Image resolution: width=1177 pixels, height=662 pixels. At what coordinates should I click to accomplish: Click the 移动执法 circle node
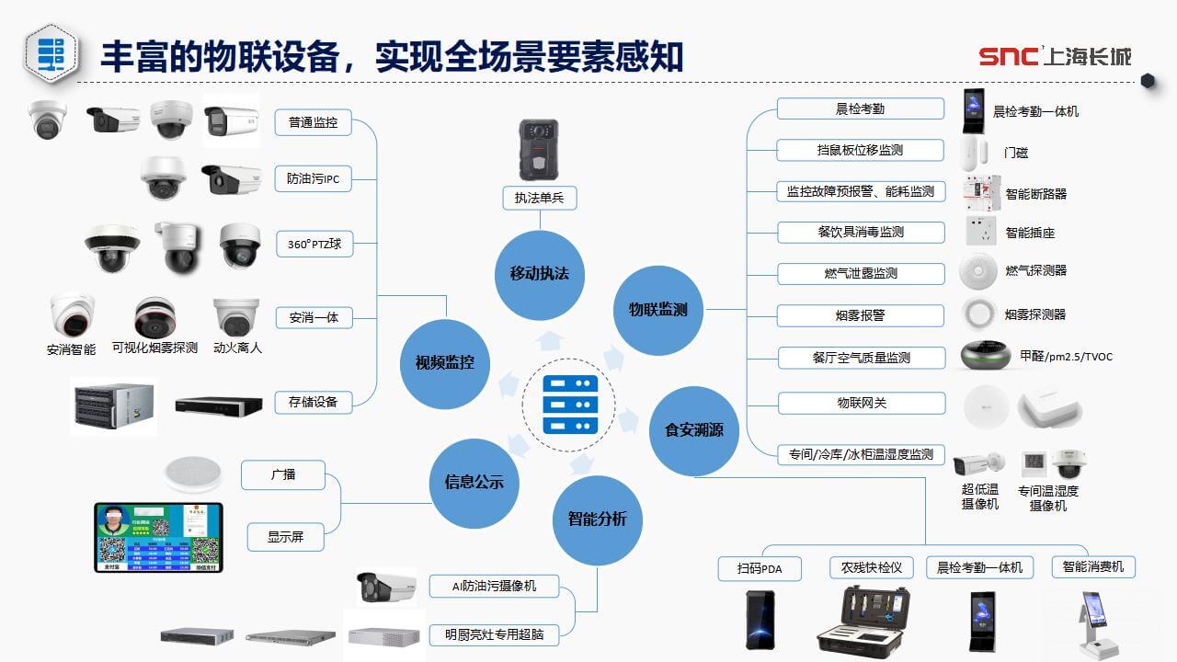tap(540, 274)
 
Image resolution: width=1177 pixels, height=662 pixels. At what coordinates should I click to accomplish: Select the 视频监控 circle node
tap(438, 362)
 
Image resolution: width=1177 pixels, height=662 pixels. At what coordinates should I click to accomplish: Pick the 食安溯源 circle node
tap(694, 429)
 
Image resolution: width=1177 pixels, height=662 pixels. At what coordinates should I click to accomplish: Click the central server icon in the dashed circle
tap(570, 404)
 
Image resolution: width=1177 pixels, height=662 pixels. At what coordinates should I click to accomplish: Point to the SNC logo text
tap(1008, 57)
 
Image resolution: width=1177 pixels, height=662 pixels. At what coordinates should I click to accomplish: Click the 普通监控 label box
tap(313, 122)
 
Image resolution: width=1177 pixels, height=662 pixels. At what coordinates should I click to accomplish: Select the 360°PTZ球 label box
tap(314, 245)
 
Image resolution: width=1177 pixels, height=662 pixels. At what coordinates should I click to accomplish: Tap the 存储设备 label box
tap(313, 402)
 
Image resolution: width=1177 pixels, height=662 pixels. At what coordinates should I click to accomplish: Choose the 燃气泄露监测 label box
tap(861, 273)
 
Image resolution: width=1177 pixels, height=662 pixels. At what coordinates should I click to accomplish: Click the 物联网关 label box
tap(861, 403)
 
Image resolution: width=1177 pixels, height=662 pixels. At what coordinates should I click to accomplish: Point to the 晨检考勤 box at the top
tap(860, 108)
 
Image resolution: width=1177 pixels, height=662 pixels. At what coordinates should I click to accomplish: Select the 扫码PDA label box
tap(760, 568)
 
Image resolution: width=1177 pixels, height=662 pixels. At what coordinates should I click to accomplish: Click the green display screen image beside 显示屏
tap(158, 537)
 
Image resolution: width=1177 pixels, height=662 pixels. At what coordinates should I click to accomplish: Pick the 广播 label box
tap(283, 475)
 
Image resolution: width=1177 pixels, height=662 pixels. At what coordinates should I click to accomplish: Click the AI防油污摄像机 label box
tap(494, 586)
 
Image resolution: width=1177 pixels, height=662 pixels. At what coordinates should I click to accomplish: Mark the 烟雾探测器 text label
tap(1035, 314)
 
